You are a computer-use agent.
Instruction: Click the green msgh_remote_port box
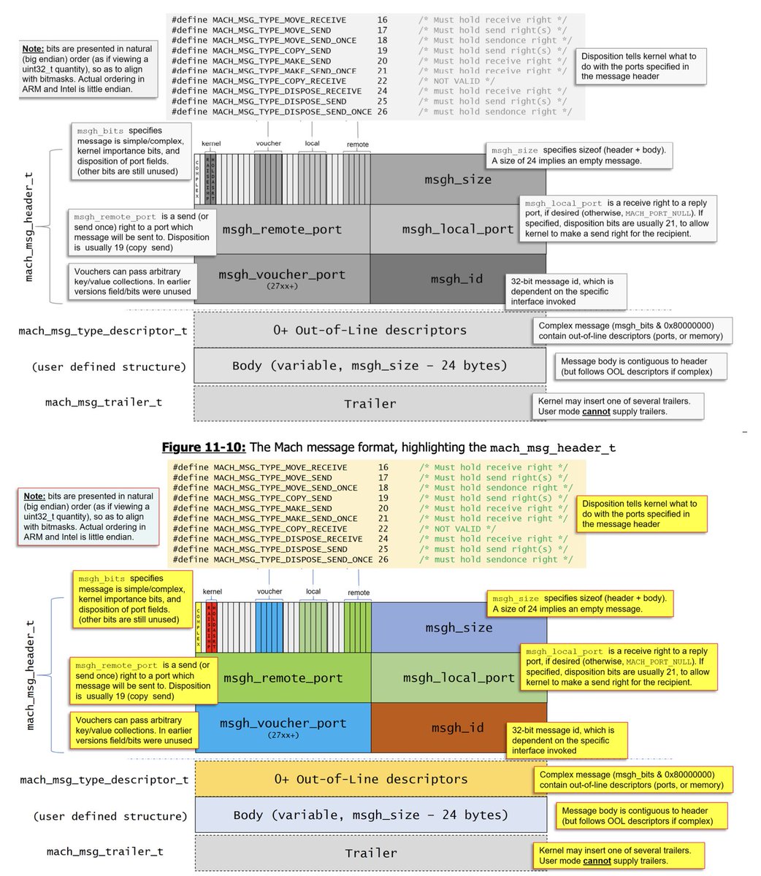tap(283, 677)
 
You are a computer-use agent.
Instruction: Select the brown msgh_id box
tap(459, 727)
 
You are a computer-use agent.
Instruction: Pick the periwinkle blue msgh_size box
tap(459, 628)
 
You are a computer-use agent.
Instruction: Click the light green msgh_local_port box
tap(459, 677)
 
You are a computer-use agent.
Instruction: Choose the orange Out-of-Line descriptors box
tap(370, 779)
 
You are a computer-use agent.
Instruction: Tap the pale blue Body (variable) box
tap(370, 815)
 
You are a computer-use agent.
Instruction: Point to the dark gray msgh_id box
tap(457, 279)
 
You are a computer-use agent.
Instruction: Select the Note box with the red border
tap(88, 516)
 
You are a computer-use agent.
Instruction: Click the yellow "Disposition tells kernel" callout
tap(638, 514)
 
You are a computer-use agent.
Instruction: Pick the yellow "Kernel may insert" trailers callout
tap(621, 855)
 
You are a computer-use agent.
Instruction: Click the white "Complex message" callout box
tap(632, 331)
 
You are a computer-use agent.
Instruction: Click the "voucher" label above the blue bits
tap(269, 591)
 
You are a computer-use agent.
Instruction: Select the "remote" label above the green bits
tap(359, 592)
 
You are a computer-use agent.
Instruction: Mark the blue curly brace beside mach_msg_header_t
tap(50, 675)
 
